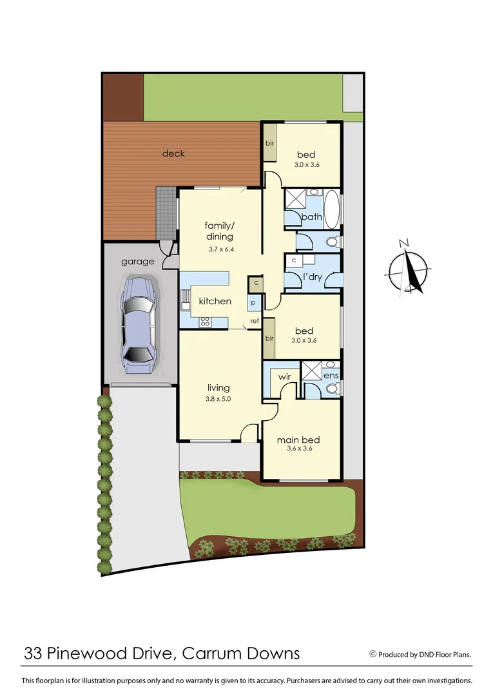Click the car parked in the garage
click(138, 325)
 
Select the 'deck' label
click(173, 153)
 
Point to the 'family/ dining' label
click(220, 231)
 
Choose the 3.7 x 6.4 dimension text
click(220, 249)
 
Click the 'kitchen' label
click(215, 301)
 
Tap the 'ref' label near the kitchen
click(255, 320)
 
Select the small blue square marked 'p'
click(253, 302)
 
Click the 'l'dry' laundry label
click(311, 278)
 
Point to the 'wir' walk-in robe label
click(285, 376)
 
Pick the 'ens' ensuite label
click(331, 374)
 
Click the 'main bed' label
click(298, 440)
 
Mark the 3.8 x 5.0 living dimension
click(219, 399)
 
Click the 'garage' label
click(138, 262)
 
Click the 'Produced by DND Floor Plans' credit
click(424, 654)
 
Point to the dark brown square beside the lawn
click(123, 97)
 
